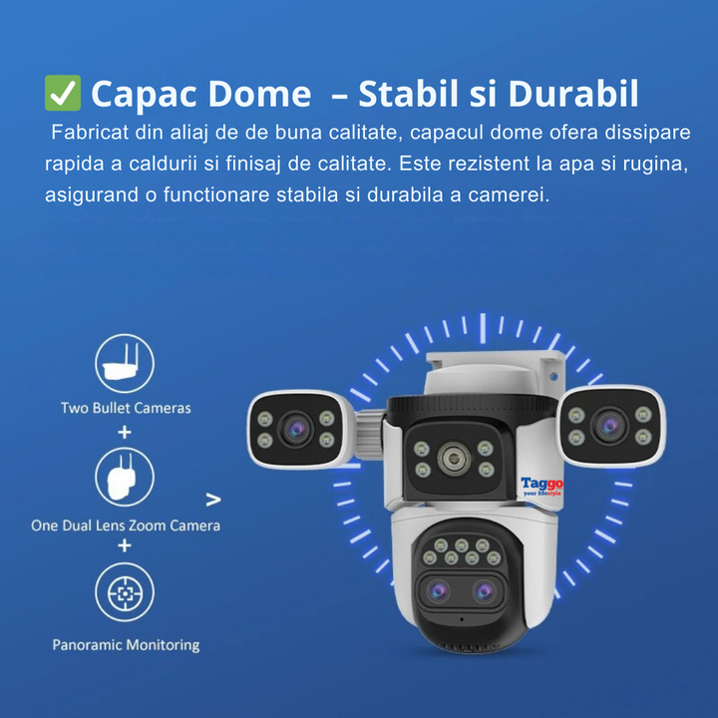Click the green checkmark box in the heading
63,93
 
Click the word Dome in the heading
259,94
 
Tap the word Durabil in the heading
573,94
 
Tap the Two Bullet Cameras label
126,408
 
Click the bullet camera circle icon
125,363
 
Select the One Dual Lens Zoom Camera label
126,526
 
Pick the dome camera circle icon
125,477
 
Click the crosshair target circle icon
125,592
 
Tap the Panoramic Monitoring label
126,645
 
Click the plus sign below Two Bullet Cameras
125,432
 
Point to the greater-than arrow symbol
213,500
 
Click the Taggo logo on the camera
542,487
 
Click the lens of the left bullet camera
296,429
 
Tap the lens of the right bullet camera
609,426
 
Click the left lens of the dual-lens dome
438,591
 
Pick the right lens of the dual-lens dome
484,591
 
